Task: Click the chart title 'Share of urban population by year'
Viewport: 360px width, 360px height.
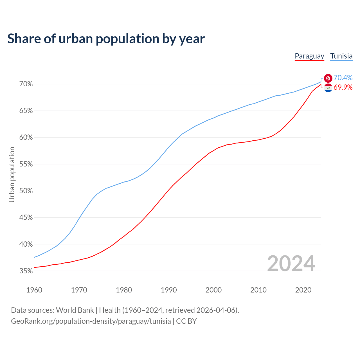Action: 106,39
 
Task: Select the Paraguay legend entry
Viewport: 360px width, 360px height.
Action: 309,56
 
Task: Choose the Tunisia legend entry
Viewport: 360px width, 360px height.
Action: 341,56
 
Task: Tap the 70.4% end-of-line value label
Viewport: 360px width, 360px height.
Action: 343,78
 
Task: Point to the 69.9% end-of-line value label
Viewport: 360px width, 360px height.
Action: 343,87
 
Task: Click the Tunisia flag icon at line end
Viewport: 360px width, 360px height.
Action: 328,78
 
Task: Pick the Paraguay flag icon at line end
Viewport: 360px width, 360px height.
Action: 328,88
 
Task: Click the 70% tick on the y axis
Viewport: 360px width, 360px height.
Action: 26,84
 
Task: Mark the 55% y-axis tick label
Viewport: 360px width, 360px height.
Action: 26,164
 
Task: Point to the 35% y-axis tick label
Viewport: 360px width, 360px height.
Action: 26,271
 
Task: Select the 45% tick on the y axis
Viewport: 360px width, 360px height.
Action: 26,218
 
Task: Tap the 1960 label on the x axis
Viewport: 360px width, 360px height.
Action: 34,290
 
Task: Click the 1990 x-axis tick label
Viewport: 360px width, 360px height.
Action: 169,290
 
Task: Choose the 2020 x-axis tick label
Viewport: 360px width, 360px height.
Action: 303,290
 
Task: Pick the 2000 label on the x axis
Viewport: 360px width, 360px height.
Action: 213,290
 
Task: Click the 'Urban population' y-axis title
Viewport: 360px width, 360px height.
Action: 12,174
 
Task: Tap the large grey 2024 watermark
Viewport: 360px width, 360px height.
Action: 291,264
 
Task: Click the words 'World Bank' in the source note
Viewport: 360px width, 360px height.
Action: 75,310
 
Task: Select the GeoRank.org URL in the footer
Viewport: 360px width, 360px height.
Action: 91,321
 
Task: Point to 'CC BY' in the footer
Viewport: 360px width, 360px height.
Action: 186,321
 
